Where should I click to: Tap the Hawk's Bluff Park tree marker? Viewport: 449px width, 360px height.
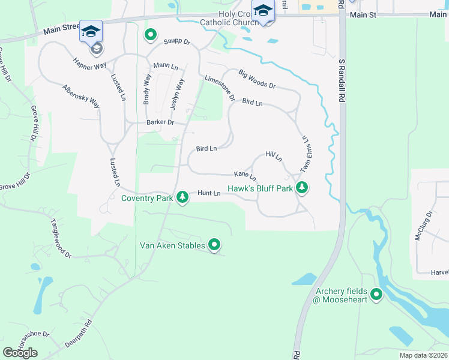click(x=303, y=188)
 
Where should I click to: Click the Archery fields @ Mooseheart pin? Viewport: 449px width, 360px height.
click(x=376, y=294)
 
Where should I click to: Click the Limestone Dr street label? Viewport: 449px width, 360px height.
click(x=219, y=88)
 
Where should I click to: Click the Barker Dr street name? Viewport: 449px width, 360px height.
click(x=160, y=122)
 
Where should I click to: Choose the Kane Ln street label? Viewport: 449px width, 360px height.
click(x=245, y=175)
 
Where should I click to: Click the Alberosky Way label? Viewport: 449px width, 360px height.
click(x=81, y=95)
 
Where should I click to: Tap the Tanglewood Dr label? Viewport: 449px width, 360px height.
click(x=61, y=238)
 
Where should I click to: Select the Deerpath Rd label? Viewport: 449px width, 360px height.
click(x=79, y=334)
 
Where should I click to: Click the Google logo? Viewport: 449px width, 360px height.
click(x=20, y=353)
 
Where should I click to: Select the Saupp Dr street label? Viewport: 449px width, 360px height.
click(x=176, y=42)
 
